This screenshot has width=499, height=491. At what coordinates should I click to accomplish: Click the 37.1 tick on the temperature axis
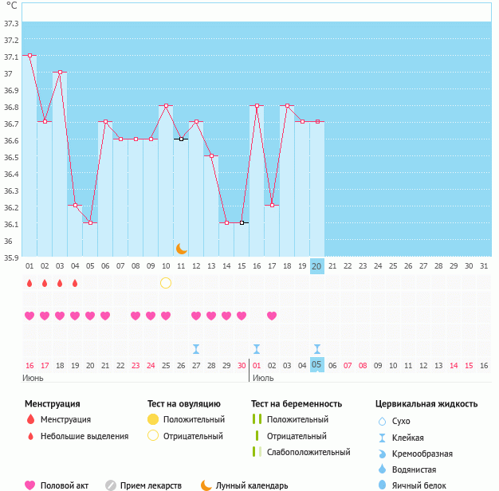point(12,57)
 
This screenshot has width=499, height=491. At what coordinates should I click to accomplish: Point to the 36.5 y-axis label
point(12,157)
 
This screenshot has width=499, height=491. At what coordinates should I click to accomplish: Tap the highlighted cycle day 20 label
point(316,265)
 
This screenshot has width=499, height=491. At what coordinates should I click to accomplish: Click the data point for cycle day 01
point(29,55)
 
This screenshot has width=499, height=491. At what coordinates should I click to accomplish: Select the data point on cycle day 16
point(257,105)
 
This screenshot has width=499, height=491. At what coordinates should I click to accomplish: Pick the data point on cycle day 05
point(90,222)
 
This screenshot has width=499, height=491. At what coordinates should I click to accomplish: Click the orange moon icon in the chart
point(182,249)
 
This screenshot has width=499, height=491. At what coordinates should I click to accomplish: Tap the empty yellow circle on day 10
point(166,283)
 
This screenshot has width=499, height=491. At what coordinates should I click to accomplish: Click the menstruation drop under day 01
point(29,283)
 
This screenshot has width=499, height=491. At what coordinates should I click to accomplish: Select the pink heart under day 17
point(272,316)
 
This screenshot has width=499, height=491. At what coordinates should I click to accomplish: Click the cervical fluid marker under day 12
point(196,348)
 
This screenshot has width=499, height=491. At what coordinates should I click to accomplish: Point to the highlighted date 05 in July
point(316,365)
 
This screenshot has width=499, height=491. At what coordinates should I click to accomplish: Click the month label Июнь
point(33,377)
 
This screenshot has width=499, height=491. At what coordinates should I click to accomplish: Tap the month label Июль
point(264,377)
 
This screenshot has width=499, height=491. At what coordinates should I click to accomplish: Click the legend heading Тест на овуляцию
point(184,404)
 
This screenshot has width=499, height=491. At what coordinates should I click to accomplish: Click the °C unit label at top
point(12,6)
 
